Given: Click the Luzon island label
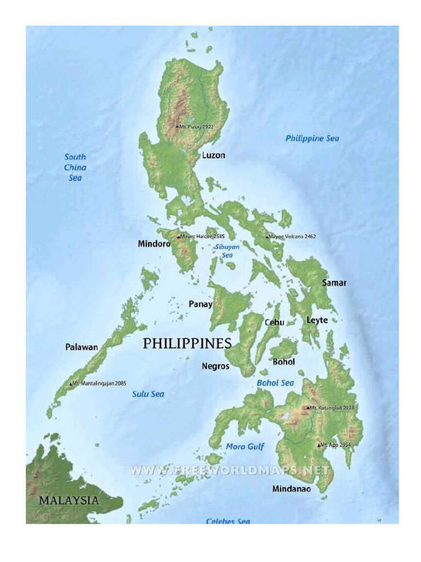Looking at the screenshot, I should click(213, 155).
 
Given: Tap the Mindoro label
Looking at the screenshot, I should click(154, 244).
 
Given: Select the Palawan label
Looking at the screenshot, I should click(82, 347).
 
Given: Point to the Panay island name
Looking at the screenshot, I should click(200, 304).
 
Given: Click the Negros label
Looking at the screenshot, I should click(215, 366).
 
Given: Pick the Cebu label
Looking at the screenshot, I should click(274, 323).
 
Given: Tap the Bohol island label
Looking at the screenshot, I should click(283, 362).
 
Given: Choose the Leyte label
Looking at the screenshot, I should click(317, 320).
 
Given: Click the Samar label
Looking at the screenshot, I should click(334, 283).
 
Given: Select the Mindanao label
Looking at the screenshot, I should click(292, 488).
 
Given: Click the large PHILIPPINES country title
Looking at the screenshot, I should click(187, 344).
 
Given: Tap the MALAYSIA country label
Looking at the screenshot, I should click(69, 501).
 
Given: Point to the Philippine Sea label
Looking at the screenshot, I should click(312, 139).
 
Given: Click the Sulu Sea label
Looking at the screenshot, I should click(148, 394).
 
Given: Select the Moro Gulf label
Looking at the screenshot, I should click(245, 447).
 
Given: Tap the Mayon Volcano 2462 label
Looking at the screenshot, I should click(291, 237).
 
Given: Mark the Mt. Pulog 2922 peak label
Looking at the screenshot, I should click(196, 126).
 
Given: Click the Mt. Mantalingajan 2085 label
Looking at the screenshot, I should click(99, 383).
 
